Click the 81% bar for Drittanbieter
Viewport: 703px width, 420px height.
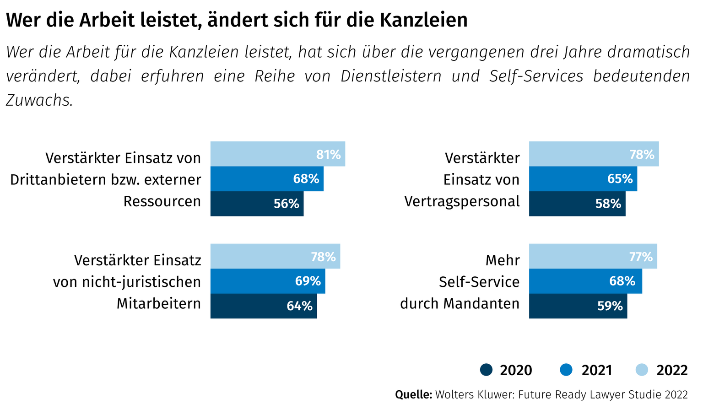tap(277, 154)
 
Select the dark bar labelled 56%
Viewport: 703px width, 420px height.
tap(257, 204)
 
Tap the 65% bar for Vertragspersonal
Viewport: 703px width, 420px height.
tap(583, 179)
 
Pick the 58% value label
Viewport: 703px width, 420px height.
tap(608, 204)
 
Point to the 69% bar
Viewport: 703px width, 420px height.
tap(268, 281)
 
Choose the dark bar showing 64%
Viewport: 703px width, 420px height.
tap(263, 306)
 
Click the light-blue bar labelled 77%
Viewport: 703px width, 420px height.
tap(593, 256)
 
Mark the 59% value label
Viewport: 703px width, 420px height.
tap(610, 306)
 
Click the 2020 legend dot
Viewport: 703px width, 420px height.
tap(486, 370)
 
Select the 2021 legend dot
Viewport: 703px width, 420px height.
tap(566, 370)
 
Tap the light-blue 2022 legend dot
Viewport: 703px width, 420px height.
tap(643, 370)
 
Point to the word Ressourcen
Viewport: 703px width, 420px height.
tap(162, 202)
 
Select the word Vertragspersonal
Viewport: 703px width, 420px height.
tap(462, 202)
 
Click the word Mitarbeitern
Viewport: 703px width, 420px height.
tap(158, 304)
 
